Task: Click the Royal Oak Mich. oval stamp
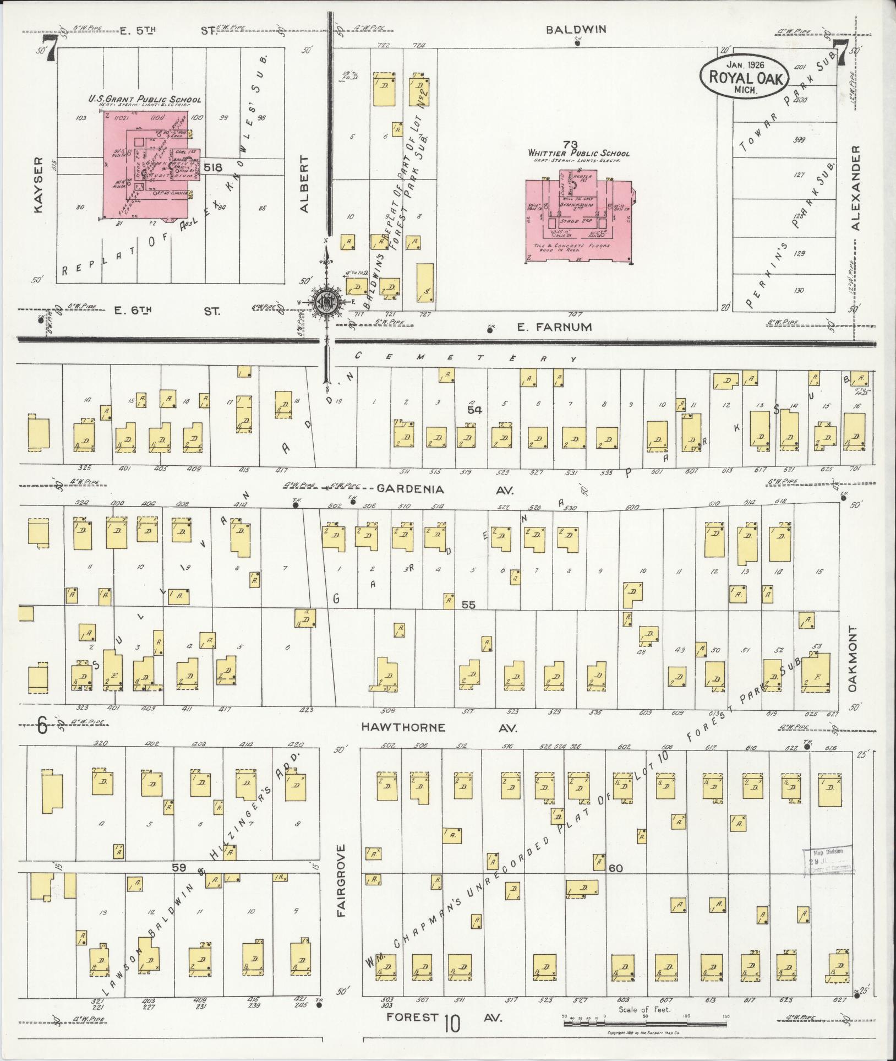(x=745, y=77)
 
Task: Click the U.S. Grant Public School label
(x=145, y=100)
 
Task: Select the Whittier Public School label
(x=578, y=153)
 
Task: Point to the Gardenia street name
(x=411, y=489)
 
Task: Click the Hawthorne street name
(x=403, y=727)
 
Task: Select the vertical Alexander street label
(x=855, y=187)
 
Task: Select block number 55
(x=468, y=605)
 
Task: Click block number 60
(x=616, y=868)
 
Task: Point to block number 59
(x=178, y=867)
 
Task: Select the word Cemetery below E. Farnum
(x=465, y=357)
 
